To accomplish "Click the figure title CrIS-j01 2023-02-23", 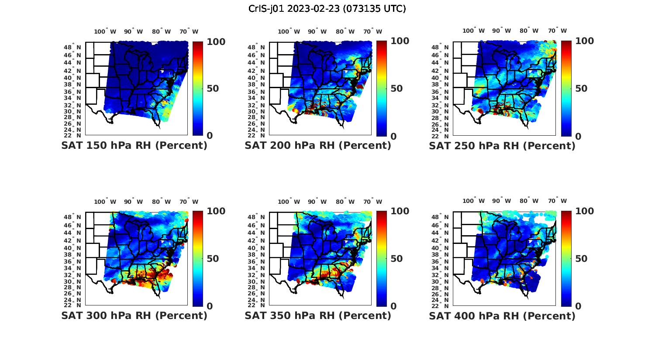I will tap(327, 9).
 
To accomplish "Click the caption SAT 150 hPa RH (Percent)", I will tap(134, 146).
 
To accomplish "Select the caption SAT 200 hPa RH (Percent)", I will tap(318, 146).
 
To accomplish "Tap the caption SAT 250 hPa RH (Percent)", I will tap(502, 146).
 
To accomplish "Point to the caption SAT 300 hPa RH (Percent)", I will tap(134, 315).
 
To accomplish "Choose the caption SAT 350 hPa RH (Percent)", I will tap(318, 315).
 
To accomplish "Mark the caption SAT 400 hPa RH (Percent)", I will tap(502, 315).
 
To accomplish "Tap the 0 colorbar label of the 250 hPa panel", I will tap(578, 136).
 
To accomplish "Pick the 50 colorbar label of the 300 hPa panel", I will tap(213, 258).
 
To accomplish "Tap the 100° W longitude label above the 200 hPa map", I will tap(289, 31).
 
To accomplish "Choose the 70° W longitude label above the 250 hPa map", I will tap(558, 31).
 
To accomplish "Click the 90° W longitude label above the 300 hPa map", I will tap(133, 202).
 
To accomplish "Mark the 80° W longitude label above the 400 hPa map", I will tap(529, 201).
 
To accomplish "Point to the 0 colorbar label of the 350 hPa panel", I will tap(394, 306).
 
